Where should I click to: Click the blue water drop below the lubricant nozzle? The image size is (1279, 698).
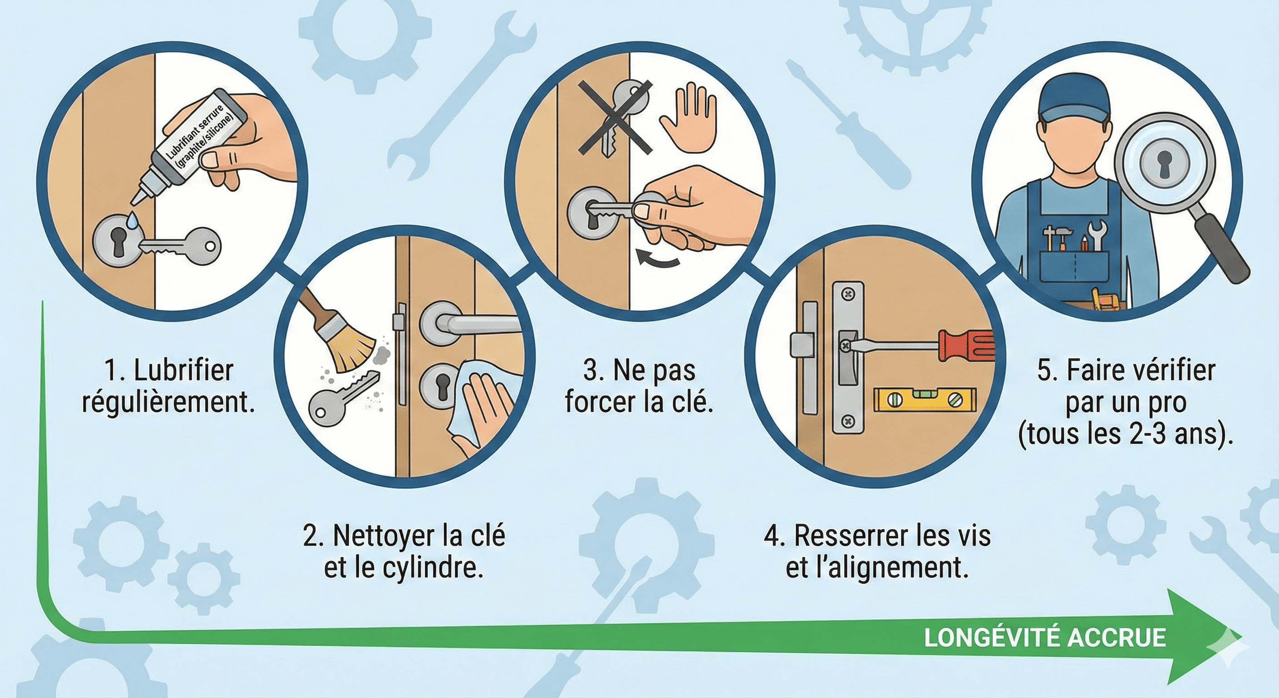click(132, 220)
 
